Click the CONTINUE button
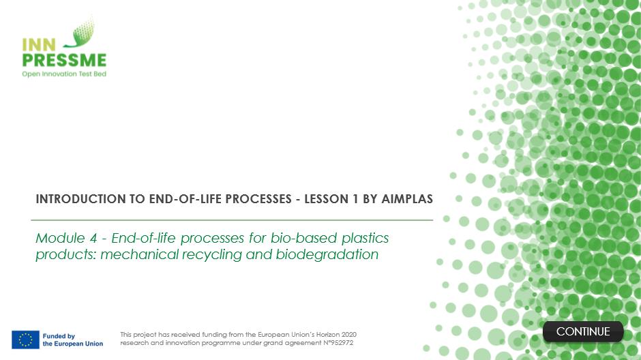point(583,331)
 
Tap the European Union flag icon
point(25,340)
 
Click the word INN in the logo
point(38,45)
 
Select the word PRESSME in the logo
point(64,61)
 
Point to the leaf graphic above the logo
point(81,33)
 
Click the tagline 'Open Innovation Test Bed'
point(64,74)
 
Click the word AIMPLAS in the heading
point(407,199)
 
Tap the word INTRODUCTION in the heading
point(81,199)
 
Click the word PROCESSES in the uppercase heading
point(258,199)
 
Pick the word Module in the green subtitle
point(60,238)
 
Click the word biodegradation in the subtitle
point(327,254)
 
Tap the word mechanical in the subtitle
point(139,254)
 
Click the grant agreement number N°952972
point(338,343)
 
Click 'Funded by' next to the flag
point(59,336)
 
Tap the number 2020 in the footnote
point(348,334)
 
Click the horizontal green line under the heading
point(232,220)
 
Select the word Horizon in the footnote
point(327,334)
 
